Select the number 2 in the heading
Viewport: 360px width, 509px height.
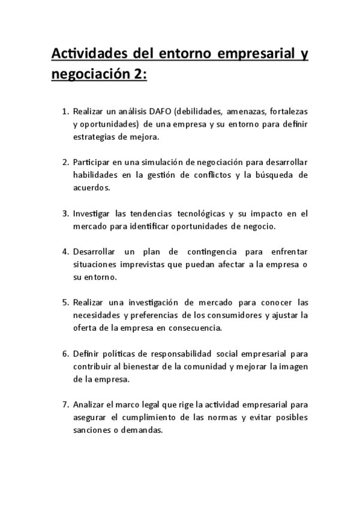click(x=136, y=76)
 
